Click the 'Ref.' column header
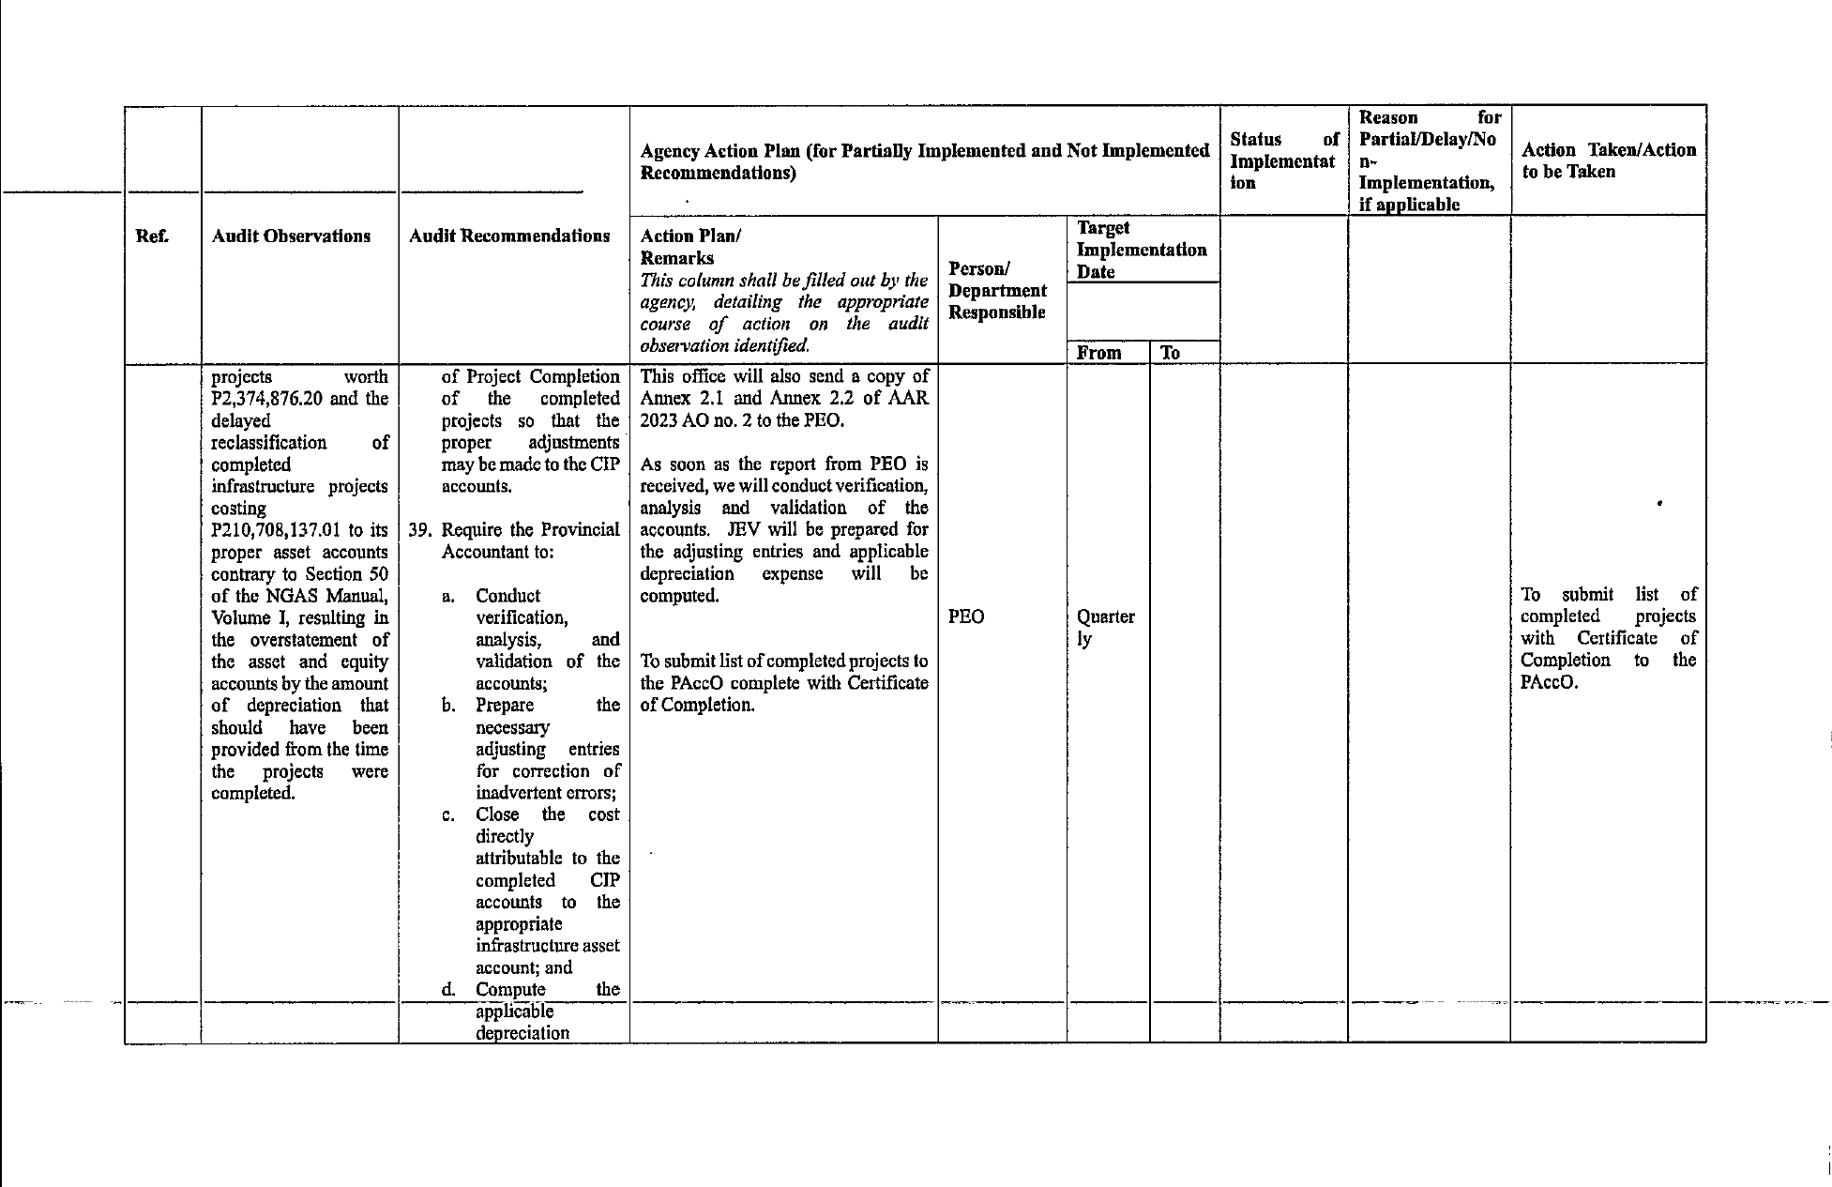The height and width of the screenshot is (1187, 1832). [x=153, y=236]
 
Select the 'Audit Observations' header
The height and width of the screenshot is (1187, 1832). [x=291, y=236]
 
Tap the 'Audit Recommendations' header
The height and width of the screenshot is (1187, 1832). [x=509, y=236]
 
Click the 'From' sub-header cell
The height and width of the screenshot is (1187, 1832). [x=1099, y=354]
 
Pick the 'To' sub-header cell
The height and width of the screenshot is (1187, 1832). [x=1170, y=354]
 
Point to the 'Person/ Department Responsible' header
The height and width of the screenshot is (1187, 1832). [x=997, y=291]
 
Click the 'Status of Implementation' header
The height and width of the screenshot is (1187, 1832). [x=1282, y=161]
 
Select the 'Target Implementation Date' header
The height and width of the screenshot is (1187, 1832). [x=1142, y=250]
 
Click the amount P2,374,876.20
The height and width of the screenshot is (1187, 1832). [x=269, y=399]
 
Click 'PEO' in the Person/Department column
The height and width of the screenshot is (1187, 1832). [x=966, y=617]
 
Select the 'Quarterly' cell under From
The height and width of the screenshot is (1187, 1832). [x=1105, y=628]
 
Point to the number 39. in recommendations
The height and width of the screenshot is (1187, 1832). [x=420, y=530]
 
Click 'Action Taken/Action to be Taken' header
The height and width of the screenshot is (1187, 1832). [x=1608, y=161]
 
